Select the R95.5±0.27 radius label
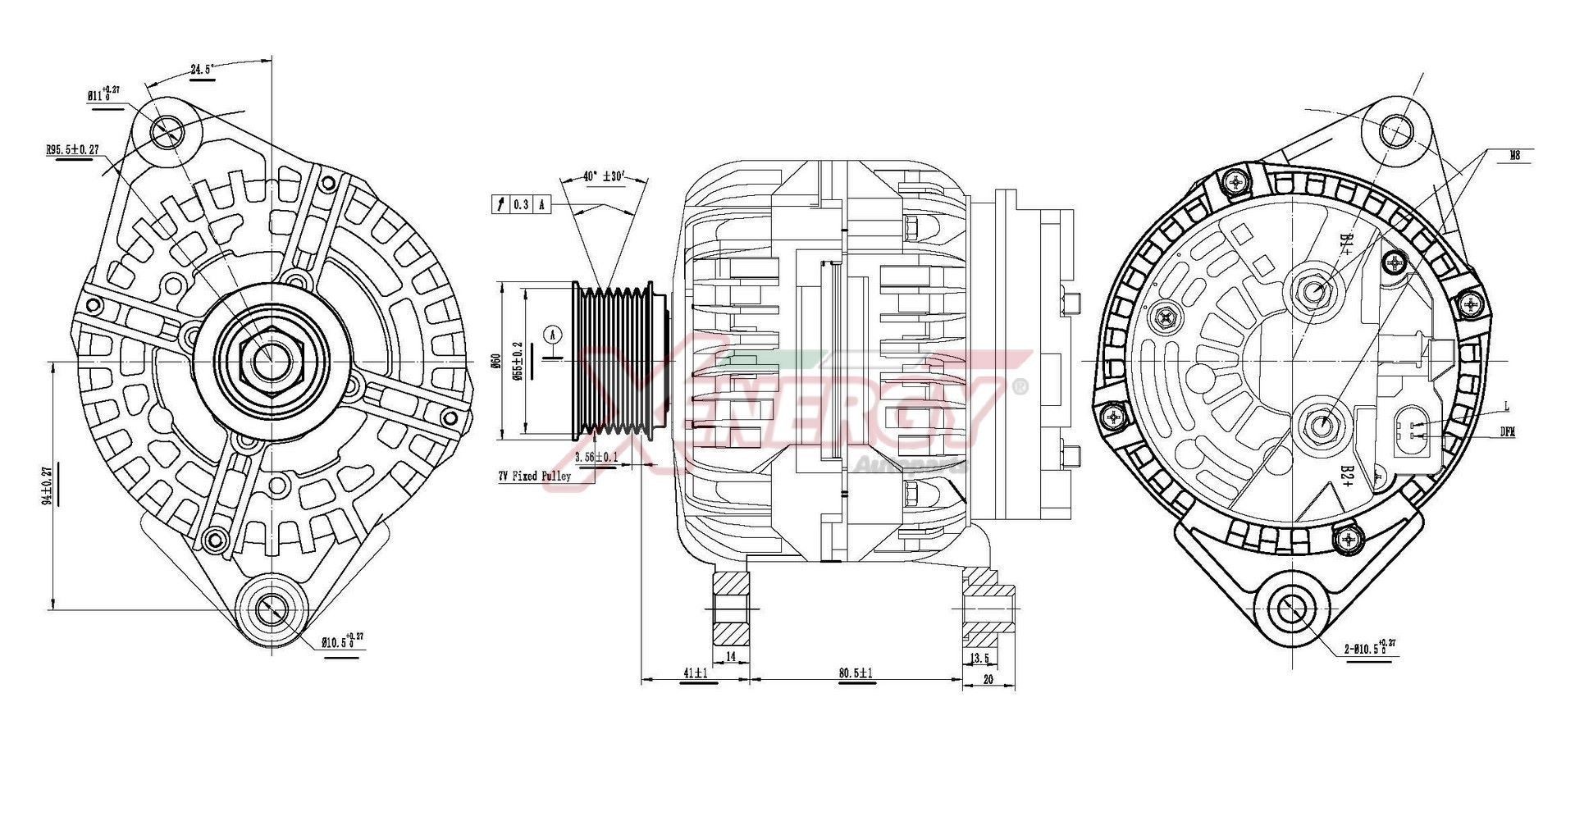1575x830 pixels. [73, 150]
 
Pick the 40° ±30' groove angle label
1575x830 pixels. [603, 177]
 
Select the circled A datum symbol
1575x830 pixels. [554, 335]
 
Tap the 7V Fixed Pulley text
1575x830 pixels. [534, 477]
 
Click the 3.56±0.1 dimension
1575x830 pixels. [596, 457]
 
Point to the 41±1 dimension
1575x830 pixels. [695, 673]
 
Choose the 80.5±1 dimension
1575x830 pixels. [856, 673]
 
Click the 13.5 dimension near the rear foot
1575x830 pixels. [979, 659]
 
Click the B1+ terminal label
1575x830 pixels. [1346, 244]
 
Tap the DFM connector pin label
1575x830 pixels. [1508, 431]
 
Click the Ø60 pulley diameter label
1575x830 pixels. [495, 361]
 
